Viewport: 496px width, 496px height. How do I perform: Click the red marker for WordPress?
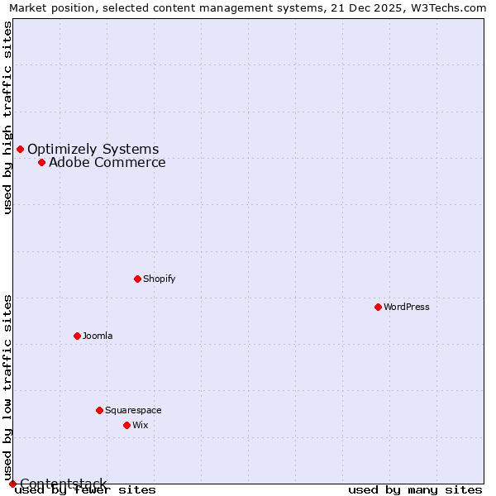click(378, 307)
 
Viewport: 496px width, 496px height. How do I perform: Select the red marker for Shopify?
click(137, 279)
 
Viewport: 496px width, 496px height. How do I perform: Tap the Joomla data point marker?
click(77, 336)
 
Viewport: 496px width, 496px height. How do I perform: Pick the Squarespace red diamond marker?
click(99, 410)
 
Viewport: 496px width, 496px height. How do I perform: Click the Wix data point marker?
click(126, 425)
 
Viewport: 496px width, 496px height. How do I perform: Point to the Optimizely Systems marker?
click(20, 149)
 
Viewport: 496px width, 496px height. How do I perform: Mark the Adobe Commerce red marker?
click(41, 162)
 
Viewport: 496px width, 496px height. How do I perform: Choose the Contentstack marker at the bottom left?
click(12, 484)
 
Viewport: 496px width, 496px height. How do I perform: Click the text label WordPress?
click(407, 307)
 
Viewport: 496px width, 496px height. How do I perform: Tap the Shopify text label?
click(160, 279)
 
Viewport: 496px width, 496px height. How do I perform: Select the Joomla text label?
click(98, 336)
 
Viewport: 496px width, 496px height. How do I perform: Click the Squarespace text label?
click(133, 410)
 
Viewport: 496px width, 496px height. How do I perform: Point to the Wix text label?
click(141, 425)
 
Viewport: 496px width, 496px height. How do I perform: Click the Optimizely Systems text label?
click(93, 149)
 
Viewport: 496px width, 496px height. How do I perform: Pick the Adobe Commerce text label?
click(107, 162)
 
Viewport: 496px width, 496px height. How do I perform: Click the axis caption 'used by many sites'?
click(415, 489)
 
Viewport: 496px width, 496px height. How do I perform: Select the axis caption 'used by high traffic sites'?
click(8, 117)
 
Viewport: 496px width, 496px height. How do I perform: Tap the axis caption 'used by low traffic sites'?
click(8, 387)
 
